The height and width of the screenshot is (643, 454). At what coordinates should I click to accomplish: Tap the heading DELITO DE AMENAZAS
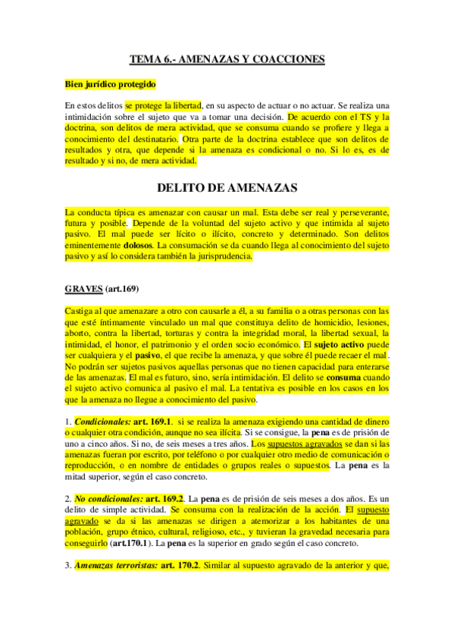[x=227, y=187]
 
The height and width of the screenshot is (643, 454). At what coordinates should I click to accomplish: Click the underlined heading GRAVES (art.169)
[x=102, y=289]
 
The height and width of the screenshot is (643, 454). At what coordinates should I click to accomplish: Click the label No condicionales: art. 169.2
[x=130, y=500]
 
